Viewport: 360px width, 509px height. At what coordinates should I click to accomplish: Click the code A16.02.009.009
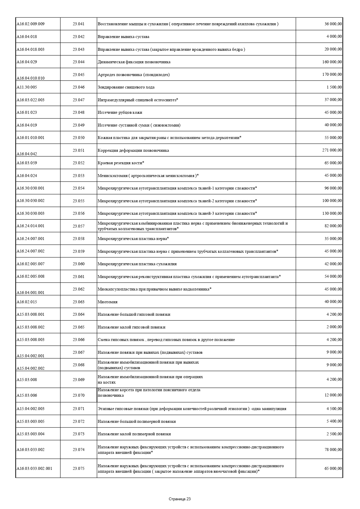(x=30, y=24)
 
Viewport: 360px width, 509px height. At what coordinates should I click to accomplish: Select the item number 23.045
(x=79, y=75)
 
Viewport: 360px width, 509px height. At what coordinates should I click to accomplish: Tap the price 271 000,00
(x=332, y=150)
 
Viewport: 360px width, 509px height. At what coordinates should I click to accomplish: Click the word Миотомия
(x=108, y=302)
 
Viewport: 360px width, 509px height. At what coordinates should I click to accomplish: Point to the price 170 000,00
(x=332, y=75)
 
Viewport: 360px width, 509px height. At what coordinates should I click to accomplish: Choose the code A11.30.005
(x=27, y=87)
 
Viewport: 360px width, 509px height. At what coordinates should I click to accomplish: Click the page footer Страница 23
(x=180, y=499)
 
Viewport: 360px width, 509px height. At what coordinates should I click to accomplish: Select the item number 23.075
(x=79, y=468)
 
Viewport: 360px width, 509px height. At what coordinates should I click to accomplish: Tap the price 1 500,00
(x=334, y=87)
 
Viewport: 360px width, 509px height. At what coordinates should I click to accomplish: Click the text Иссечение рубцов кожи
(x=120, y=112)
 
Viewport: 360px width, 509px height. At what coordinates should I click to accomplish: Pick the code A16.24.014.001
(x=30, y=226)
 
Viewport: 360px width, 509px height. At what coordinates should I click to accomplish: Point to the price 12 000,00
(x=333, y=395)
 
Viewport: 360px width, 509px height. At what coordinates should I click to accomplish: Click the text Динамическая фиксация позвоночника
(x=134, y=62)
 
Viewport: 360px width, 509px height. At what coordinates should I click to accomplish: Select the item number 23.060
(x=79, y=264)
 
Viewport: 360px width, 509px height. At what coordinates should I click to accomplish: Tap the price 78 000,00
(x=333, y=450)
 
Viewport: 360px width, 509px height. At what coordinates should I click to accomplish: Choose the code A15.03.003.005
(x=30, y=421)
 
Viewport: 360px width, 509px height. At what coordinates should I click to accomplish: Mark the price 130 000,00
(x=332, y=213)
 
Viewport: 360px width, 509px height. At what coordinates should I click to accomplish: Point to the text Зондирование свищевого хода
(x=126, y=87)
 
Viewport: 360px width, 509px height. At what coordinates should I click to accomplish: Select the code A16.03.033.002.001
(x=34, y=468)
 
